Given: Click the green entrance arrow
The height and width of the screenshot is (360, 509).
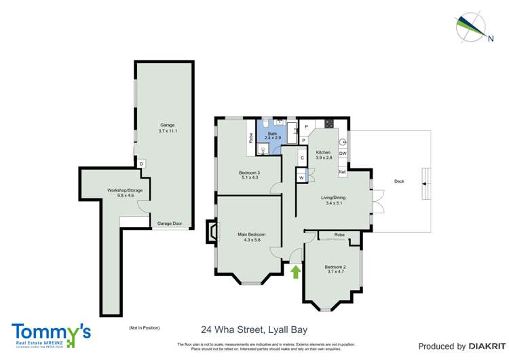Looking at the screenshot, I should [x=295, y=272].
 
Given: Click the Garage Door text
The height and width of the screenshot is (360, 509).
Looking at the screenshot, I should [x=170, y=223].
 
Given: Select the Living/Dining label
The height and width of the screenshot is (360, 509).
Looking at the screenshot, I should [x=333, y=200].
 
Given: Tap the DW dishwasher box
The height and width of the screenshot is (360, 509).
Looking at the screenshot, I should [x=343, y=154].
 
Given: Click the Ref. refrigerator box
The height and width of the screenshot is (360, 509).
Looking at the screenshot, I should [x=343, y=173].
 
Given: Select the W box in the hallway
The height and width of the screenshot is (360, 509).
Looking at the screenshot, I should [x=301, y=178].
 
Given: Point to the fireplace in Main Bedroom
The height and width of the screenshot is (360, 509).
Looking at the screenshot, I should [x=212, y=231].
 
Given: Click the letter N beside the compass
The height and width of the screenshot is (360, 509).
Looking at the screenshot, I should [x=490, y=39].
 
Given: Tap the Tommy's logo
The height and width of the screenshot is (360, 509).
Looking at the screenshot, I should [x=51, y=333].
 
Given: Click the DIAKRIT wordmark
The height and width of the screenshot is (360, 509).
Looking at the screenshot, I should [x=483, y=346].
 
